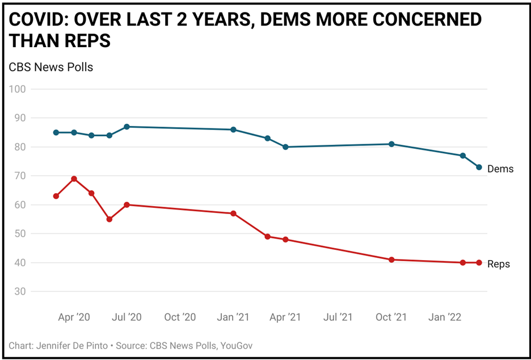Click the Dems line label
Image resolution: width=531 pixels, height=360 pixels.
(500, 169)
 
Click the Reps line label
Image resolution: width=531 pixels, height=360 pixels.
(499, 264)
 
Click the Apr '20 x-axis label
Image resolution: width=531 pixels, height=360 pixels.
(74, 317)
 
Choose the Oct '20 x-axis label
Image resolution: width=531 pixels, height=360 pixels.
(180, 317)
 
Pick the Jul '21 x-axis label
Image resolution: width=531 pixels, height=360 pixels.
(339, 317)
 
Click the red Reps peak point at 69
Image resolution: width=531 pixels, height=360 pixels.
(74, 179)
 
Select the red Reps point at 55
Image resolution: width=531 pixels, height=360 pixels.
(109, 219)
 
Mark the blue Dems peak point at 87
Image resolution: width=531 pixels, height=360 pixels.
(127, 127)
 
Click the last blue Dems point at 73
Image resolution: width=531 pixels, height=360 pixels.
(479, 168)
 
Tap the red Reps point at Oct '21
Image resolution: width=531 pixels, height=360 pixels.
(391, 259)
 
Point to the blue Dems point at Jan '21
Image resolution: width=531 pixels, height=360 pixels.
(233, 129)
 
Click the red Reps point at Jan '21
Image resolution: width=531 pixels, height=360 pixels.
(233, 214)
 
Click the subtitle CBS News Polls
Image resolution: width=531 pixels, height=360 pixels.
(51, 67)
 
